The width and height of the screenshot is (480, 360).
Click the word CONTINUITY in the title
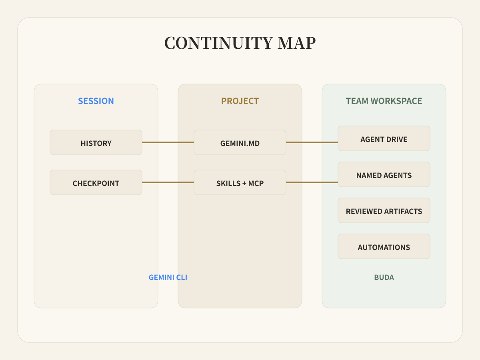[x=219, y=43]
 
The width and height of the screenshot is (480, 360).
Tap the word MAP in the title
[x=297, y=43]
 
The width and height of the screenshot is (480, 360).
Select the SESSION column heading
[x=96, y=101]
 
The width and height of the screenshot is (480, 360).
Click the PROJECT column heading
[x=240, y=101]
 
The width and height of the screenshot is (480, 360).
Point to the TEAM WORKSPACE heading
[x=384, y=101]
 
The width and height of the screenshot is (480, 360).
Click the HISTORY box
[x=96, y=142]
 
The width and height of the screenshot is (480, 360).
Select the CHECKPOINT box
[x=96, y=182]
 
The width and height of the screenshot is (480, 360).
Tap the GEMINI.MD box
[x=240, y=142]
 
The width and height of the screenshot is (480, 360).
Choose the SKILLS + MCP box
[x=240, y=182]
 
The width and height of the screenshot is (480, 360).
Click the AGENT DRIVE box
[x=384, y=138]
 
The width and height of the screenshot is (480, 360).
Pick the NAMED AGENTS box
[x=384, y=174]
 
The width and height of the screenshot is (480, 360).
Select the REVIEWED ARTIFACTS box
[x=384, y=210]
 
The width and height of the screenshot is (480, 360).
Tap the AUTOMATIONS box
[x=384, y=246]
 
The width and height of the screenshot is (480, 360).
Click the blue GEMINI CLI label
[x=168, y=277]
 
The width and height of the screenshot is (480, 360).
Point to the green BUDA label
[x=384, y=277]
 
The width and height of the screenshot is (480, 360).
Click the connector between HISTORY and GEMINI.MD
[x=168, y=142]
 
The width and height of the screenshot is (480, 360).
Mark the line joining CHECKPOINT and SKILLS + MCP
[x=168, y=182]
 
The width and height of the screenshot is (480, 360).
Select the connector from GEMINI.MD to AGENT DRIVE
[x=312, y=142]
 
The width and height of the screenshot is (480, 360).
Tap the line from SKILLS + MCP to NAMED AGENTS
[x=312, y=182]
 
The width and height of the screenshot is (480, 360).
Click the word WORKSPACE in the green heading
[x=396, y=101]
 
